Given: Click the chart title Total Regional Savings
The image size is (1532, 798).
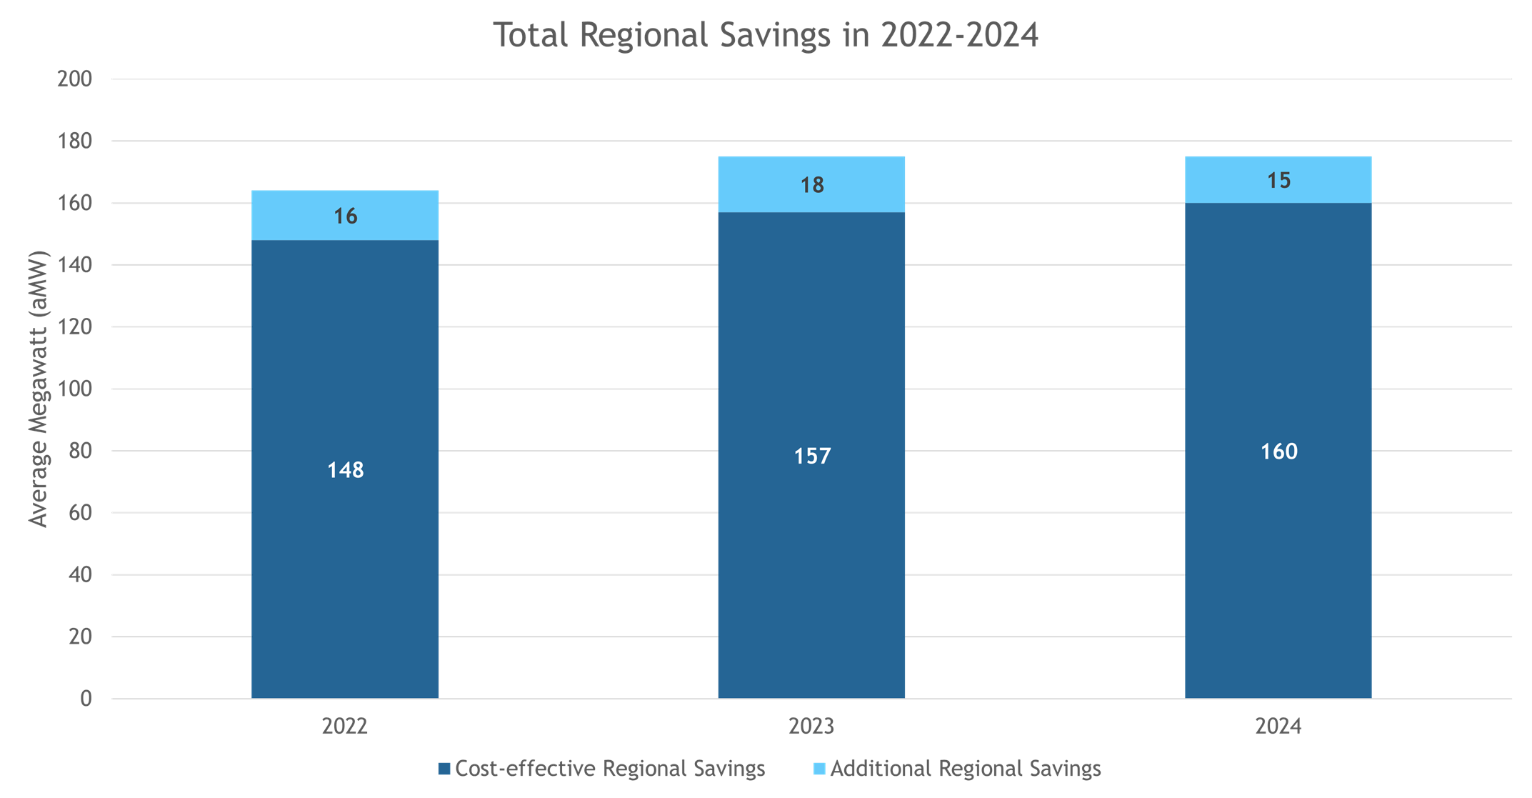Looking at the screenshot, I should (766, 35).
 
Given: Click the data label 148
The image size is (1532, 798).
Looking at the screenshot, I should (346, 470).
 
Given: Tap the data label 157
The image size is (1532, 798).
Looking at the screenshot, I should (812, 456).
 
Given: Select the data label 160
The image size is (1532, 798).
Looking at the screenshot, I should (1278, 452).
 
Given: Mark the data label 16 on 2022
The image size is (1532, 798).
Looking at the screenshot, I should (346, 216).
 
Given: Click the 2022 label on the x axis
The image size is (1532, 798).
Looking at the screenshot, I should (345, 727).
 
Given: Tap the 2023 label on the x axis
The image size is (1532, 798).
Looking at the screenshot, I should (811, 727).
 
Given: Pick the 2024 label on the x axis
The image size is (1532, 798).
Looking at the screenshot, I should (1278, 727).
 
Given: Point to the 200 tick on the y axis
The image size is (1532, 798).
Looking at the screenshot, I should (75, 79).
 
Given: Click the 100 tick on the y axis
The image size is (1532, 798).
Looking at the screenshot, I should (75, 389).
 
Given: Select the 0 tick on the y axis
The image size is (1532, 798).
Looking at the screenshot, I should (86, 698).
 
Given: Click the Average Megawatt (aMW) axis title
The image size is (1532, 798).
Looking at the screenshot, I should (38, 389).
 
